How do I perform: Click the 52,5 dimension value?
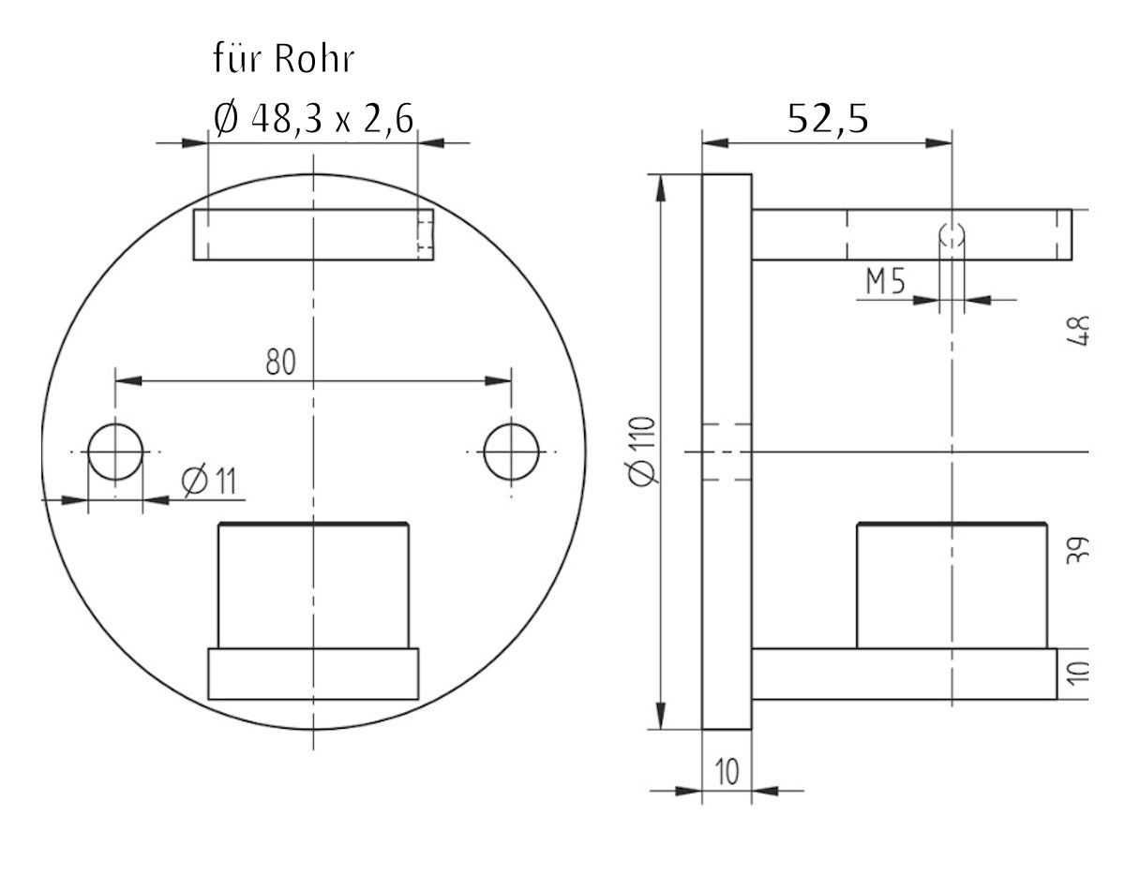coord(828,120)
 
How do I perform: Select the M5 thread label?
coord(885,282)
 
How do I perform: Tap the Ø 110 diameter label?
coord(643,451)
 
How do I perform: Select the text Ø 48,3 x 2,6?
coord(314,120)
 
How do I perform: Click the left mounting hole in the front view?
coord(115,452)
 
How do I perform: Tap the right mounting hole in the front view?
coord(511,452)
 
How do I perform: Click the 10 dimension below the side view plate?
coord(727,773)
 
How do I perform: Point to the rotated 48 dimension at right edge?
coord(1079,330)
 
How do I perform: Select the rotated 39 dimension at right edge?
coord(1079,549)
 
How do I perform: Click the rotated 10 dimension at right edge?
coord(1079,673)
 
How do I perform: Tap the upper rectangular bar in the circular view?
coord(313,234)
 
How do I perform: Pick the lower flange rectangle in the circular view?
coord(313,675)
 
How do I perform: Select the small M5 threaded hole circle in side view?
coord(952,235)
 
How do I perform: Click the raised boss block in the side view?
coord(952,586)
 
